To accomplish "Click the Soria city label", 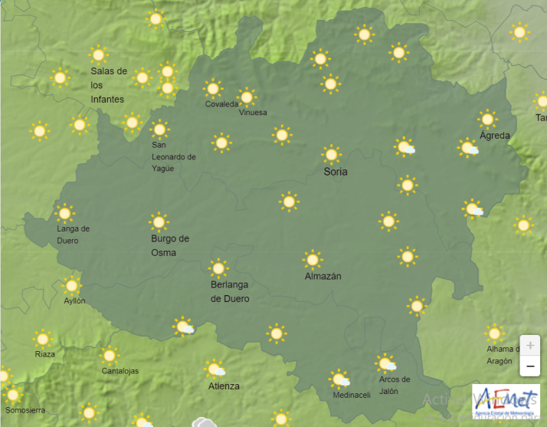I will (x=336, y=172).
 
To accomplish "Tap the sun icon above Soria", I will (x=331, y=154).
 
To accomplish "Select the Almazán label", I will (x=323, y=276).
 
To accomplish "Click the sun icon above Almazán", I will (x=312, y=259).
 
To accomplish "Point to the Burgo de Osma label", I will (x=169, y=245).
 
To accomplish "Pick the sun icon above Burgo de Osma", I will (x=159, y=222).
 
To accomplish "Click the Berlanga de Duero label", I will (x=230, y=292).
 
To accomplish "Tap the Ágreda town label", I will (x=494, y=136).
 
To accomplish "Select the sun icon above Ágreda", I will (x=487, y=119).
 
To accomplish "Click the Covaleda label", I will (x=221, y=105).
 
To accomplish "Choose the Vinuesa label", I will (x=254, y=113).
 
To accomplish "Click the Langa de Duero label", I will (x=74, y=234).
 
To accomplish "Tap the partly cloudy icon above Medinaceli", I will (x=339, y=379).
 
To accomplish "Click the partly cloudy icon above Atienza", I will (x=215, y=370).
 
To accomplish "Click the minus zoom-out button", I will (x=529, y=367).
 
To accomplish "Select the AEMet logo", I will (x=506, y=401).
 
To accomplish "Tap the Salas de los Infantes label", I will (x=109, y=85).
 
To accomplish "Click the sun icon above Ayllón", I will (x=72, y=285).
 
